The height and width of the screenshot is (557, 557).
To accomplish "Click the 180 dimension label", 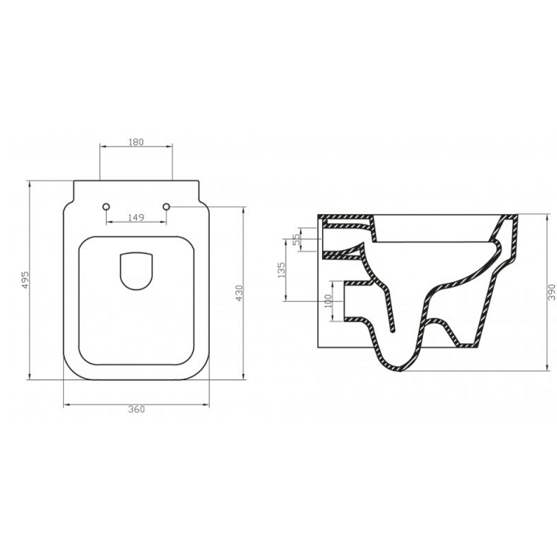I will tap(135, 142).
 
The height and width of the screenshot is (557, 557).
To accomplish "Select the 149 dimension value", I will tap(136, 217).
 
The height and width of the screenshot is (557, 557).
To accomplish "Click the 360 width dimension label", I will tap(136, 410).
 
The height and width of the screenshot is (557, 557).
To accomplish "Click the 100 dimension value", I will tap(328, 302).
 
